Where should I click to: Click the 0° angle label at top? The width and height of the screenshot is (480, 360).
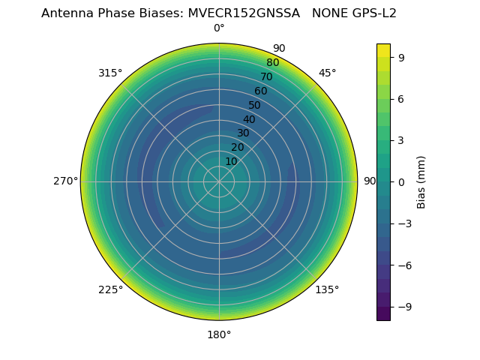tap(219, 28)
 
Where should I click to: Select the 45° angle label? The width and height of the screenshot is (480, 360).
tap(328, 73)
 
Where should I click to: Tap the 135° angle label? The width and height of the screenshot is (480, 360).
tap(327, 289)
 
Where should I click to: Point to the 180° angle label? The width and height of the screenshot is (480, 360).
tap(219, 334)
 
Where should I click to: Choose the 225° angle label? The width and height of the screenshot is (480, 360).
tap(110, 289)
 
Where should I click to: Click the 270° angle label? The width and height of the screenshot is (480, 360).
tap(65, 181)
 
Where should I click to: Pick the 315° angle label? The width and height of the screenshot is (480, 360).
tap(110, 73)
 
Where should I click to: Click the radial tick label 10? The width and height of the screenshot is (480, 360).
tap(231, 161)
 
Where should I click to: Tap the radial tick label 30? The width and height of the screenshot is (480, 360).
tap(243, 133)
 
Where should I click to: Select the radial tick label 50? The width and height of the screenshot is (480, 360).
tap(254, 106)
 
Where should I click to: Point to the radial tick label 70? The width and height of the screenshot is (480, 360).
tap(266, 77)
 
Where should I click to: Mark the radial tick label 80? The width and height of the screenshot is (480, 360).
tap(272, 63)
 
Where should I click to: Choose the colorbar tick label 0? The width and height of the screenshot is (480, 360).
tap(401, 181)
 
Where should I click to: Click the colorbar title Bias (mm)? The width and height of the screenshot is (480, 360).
tap(421, 181)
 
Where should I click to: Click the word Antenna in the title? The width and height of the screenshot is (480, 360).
tap(66, 13)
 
